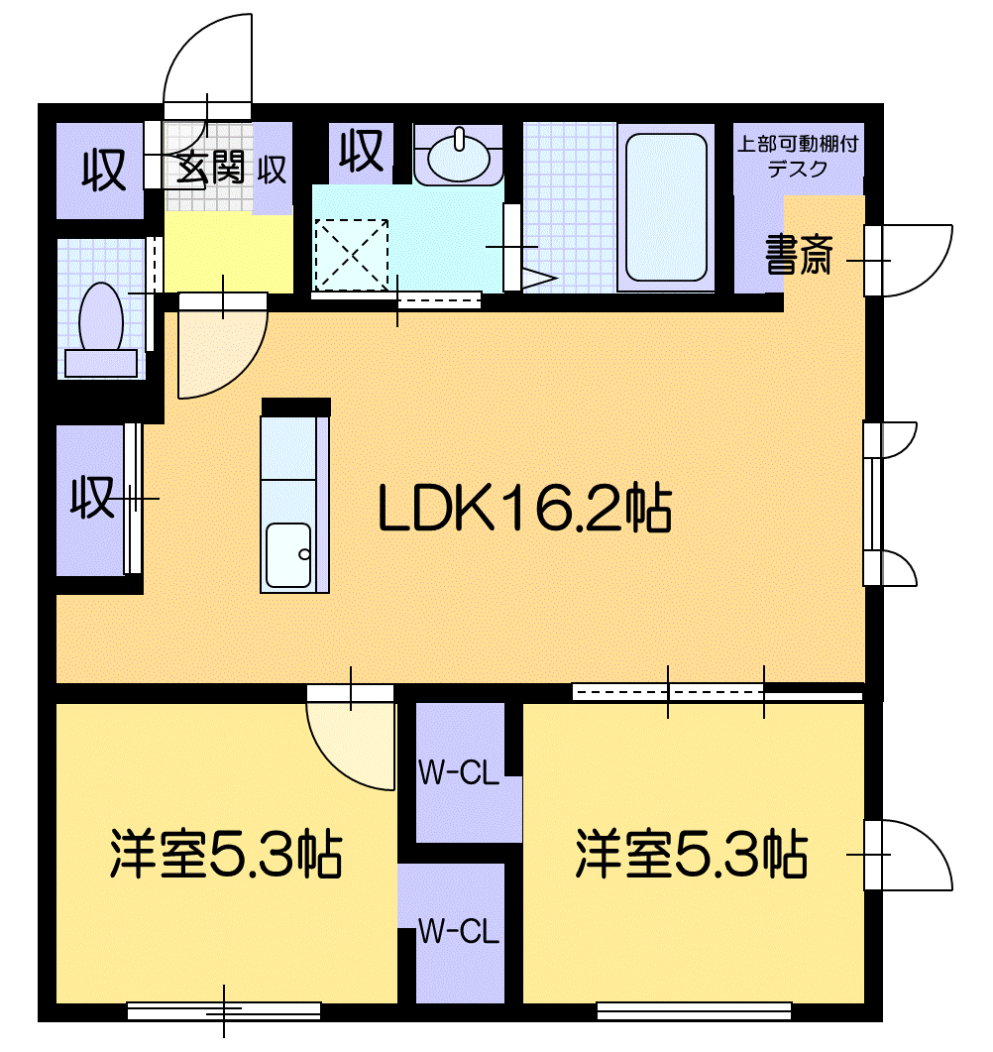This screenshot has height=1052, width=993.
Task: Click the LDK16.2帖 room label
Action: (525, 508)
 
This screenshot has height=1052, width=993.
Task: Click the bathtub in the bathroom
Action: (666, 207)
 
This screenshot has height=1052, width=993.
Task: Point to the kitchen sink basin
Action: (288, 555)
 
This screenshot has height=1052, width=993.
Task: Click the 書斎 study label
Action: (799, 254)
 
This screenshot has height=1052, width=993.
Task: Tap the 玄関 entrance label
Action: (210, 167)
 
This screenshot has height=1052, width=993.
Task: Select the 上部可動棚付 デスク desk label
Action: (798, 157)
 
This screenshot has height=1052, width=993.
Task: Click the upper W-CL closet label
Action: (459, 773)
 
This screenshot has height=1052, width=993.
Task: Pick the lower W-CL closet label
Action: (459, 931)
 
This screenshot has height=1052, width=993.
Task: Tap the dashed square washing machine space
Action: (352, 255)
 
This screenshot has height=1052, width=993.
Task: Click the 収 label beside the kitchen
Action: (92, 497)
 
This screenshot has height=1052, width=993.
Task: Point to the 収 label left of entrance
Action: (104, 170)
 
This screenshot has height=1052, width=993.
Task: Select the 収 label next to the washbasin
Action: (361, 151)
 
